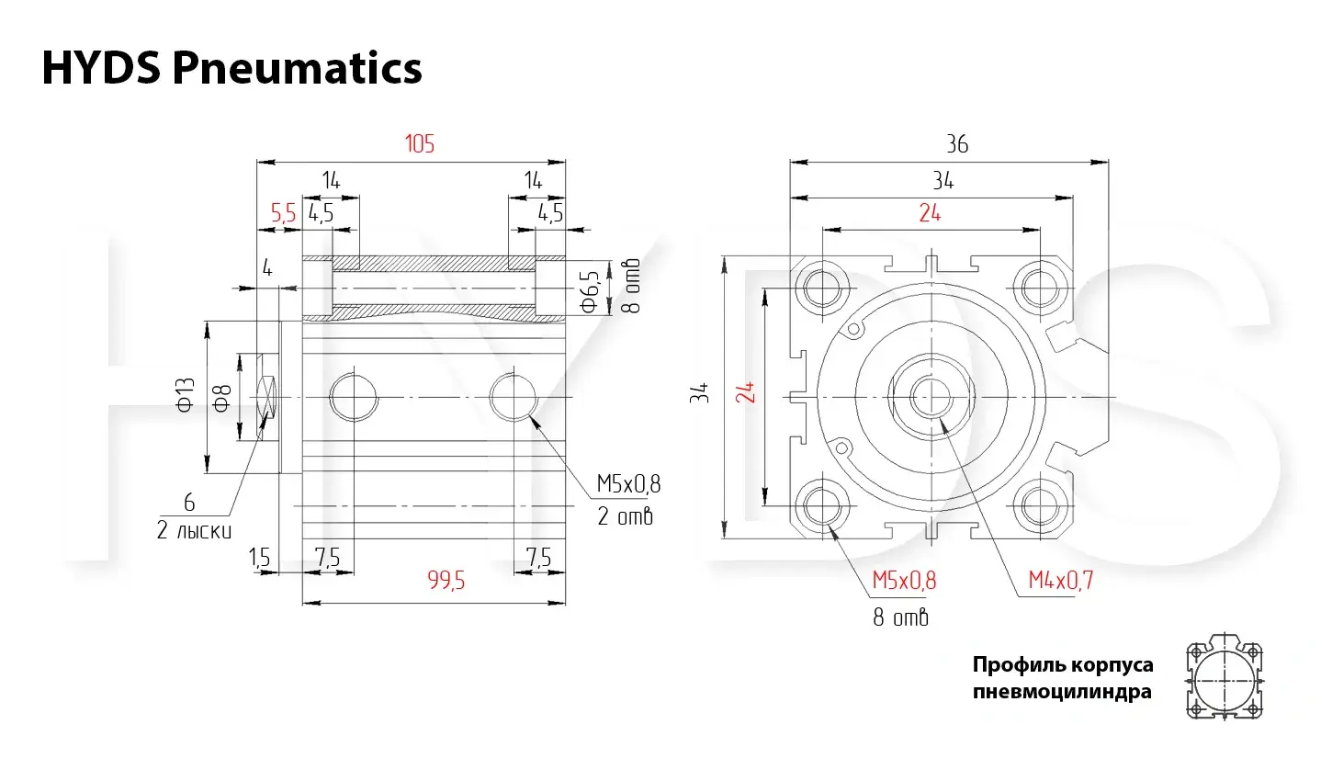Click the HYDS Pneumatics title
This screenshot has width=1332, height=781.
pos(231,68)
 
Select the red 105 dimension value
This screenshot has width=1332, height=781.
pos(420,144)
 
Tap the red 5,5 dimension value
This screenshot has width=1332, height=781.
pos(284,212)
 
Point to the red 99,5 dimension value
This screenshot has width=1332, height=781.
pos(446,580)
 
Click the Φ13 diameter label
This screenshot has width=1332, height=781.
pos(186,395)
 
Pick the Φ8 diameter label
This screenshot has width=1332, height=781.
pos(221,398)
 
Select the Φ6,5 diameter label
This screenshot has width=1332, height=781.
pos(590,291)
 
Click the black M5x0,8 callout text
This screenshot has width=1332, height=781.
pos(628,484)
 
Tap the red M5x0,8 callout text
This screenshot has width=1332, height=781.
pos(904,580)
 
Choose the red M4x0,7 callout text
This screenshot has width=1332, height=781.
pos(1061,580)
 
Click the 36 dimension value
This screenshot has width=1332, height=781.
pos(957,144)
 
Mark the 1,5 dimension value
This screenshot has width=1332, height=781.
pos(259,558)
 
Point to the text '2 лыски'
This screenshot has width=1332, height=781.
pos(194,530)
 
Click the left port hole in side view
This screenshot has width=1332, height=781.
pos(354,397)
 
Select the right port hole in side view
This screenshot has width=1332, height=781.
pos(514,397)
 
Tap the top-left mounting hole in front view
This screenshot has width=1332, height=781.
pos(822,288)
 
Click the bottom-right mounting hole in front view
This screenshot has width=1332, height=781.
pos(1041,506)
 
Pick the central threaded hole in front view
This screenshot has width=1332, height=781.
pos(931,397)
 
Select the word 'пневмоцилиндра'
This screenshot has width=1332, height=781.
pos(1062,692)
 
